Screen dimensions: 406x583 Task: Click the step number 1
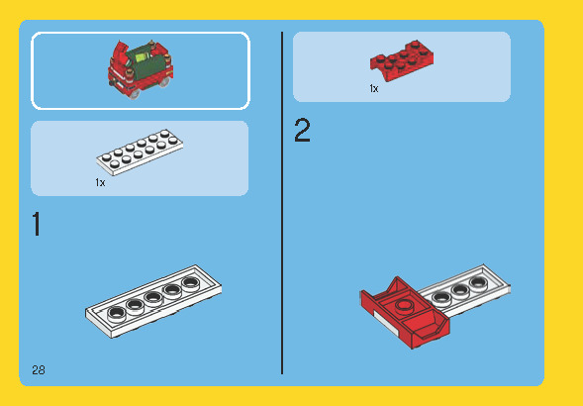click(x=37, y=225)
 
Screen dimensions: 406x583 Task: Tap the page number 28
click(x=39, y=370)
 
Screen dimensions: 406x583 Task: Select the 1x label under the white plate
click(x=100, y=183)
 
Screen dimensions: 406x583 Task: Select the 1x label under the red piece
click(x=374, y=89)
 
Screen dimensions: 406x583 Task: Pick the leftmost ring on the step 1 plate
click(x=116, y=313)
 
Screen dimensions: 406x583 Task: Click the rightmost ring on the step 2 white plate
click(x=478, y=282)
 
